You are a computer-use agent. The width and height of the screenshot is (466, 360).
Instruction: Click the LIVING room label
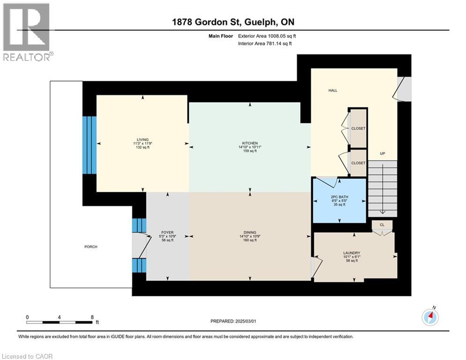coord(143,140)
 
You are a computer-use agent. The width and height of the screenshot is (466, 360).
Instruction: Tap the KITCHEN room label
coord(250,143)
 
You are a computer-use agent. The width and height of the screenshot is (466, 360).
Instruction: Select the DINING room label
coord(250,232)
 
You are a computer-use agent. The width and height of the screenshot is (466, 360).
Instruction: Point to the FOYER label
coord(167,232)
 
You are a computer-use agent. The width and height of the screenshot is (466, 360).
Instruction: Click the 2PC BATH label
coord(340,197)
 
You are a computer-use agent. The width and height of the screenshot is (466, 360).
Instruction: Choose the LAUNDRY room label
coord(352,253)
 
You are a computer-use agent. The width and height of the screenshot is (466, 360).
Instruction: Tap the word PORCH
coord(91,247)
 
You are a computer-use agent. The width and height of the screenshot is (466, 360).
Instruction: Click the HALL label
coord(333,90)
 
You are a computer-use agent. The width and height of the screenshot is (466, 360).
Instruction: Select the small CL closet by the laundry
coord(382,225)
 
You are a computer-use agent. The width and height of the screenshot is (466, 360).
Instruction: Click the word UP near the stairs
coord(383,154)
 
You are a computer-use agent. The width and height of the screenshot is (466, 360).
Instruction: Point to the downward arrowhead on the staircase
coord(383,212)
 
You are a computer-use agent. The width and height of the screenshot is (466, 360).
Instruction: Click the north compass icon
coord(430,317)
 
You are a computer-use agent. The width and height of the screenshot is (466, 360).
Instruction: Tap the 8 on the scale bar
coord(92,317)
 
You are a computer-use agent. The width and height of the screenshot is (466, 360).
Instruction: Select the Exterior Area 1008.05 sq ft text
coord(267,36)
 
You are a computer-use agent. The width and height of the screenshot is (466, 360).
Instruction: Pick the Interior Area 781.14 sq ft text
coord(265,44)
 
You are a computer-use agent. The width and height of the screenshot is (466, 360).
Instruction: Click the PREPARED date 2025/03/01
coord(233,321)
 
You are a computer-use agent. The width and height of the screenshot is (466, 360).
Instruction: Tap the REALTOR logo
coord(27,32)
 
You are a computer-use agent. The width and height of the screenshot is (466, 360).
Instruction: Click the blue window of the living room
coord(89,145)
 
